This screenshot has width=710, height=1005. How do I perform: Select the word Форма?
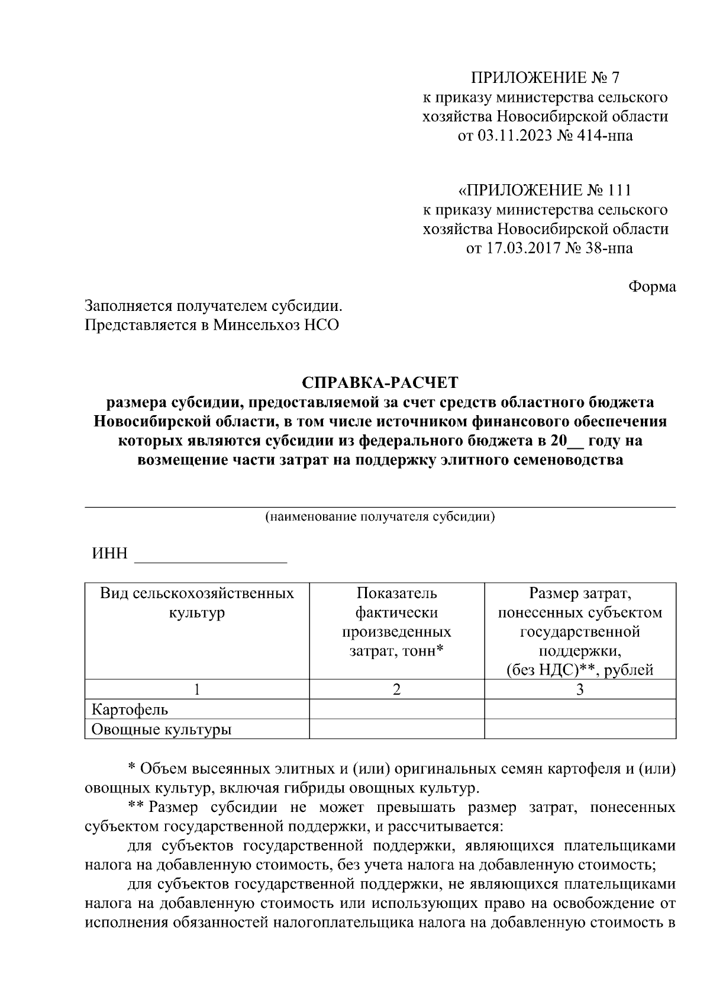pyautogui.click(x=651, y=287)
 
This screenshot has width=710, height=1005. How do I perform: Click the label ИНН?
pyautogui.click(x=109, y=554)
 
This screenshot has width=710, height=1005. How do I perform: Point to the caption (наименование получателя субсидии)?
pyautogui.click(x=380, y=516)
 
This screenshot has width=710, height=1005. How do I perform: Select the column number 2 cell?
pyautogui.click(x=396, y=689)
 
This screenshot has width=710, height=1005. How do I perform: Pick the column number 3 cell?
pyautogui.click(x=580, y=689)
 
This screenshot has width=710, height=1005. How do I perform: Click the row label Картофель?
pyautogui.click(x=130, y=709)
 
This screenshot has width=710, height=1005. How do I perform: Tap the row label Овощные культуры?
pyautogui.click(x=161, y=729)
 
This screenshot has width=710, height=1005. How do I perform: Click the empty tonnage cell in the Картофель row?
pyautogui.click(x=396, y=709)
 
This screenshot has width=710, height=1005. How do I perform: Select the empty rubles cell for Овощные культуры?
pyautogui.click(x=580, y=729)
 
